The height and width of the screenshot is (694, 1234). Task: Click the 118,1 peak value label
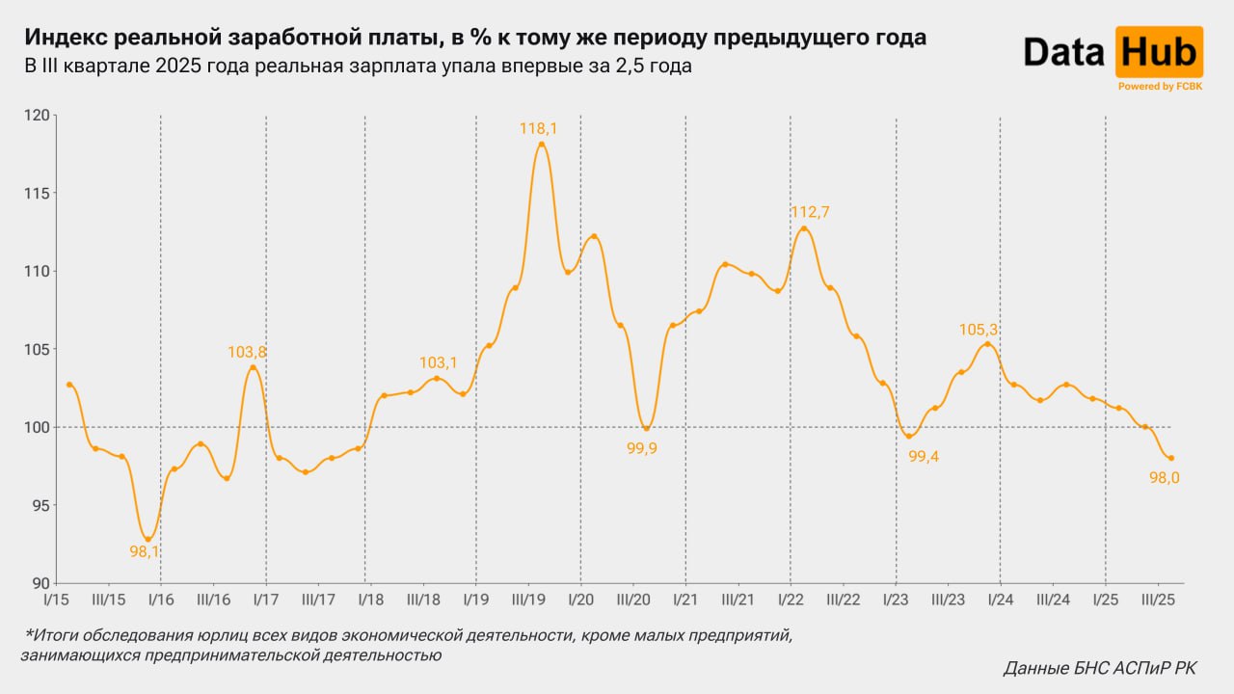tap(538, 127)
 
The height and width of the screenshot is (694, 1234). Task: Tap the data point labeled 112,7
tap(804, 228)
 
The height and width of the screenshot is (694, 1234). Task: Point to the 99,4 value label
tap(924, 457)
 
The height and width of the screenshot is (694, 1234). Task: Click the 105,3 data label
tap(979, 330)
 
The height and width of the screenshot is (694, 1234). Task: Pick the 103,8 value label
tap(247, 353)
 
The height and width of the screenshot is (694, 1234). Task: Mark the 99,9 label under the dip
tap(641, 448)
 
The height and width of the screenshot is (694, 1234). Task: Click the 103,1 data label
tap(438, 362)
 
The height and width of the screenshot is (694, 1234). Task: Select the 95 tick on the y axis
tap(40, 505)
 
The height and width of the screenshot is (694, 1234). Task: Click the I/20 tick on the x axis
tap(580, 600)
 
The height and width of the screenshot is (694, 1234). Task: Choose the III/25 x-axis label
tap(1158, 600)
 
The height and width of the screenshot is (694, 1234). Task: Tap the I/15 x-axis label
tap(57, 600)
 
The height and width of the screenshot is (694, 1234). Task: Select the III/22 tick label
tap(843, 600)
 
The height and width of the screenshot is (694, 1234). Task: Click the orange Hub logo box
tap(1159, 52)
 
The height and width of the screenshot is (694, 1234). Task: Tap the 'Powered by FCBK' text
tap(1159, 87)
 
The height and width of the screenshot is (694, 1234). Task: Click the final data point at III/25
tap(1171, 458)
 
